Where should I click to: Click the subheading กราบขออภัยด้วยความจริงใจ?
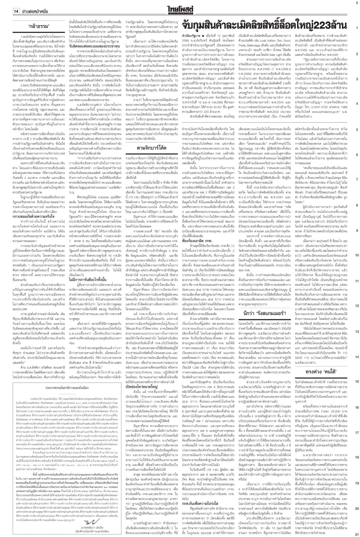(x=34, y=209)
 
